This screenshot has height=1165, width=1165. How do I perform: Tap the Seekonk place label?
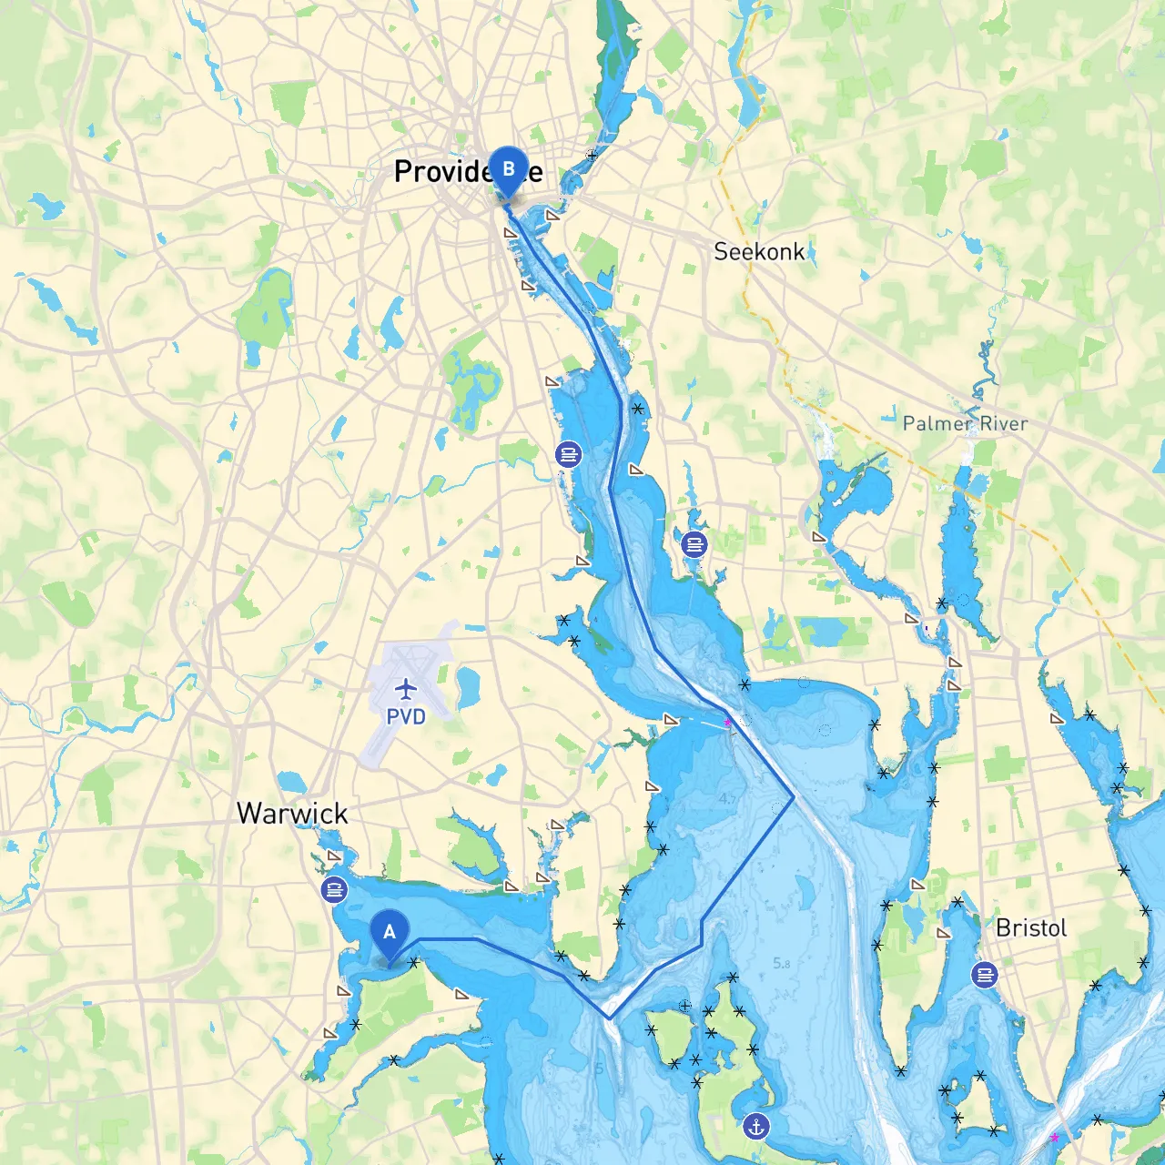point(759,252)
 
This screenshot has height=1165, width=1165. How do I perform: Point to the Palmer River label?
point(965,423)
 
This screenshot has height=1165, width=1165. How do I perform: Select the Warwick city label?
point(292,813)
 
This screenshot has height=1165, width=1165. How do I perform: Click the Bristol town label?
point(1031,928)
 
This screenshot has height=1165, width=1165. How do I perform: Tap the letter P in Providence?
point(404,171)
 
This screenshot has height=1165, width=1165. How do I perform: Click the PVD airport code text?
point(406,717)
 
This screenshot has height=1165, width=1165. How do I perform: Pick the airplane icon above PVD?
point(406,688)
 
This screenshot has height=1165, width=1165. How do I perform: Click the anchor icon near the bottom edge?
point(755,1127)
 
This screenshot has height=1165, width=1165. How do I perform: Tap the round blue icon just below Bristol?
point(984,975)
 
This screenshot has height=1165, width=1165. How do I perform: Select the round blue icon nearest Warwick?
point(335,889)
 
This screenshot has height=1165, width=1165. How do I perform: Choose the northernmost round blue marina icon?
point(569,453)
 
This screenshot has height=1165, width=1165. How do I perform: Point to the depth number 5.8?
point(781,963)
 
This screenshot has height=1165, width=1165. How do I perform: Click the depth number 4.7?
point(727,799)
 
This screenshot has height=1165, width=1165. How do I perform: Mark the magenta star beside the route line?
point(727,722)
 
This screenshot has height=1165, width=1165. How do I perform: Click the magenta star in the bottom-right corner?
point(1054,1138)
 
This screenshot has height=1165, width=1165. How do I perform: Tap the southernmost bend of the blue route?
point(610,1018)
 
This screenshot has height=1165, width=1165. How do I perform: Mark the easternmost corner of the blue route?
point(794,797)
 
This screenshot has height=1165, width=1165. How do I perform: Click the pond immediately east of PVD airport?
point(468,687)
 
